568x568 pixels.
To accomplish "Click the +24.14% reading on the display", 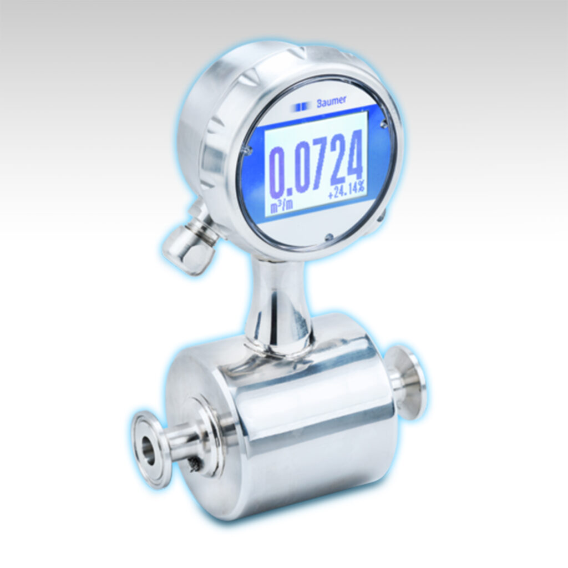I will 346,194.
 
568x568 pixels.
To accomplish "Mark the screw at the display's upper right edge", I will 383,125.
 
